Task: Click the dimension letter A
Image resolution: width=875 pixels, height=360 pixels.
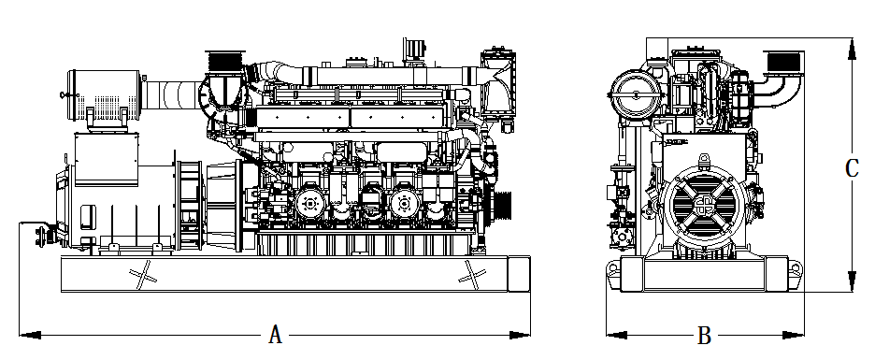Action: tap(275, 335)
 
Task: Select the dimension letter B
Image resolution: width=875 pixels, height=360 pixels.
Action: tap(704, 336)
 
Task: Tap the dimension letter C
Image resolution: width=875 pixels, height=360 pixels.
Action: tap(852, 168)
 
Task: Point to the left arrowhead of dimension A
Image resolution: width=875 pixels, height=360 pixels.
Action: tap(30, 335)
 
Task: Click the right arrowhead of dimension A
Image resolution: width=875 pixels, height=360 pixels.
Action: tap(520, 335)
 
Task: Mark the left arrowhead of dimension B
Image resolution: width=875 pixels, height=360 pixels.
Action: tap(617, 335)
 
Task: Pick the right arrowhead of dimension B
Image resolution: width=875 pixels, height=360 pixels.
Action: tap(794, 335)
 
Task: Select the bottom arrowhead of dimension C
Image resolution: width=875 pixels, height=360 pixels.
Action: tap(852, 281)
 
